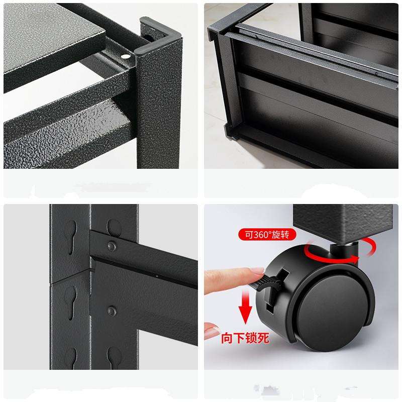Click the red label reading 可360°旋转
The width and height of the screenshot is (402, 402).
pyautogui.click(x=267, y=235)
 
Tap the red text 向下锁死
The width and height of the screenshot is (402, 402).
pyautogui.click(x=245, y=338)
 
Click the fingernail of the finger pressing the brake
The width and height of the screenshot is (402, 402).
pyautogui.click(x=256, y=271)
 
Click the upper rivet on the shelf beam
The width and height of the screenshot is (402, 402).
pyautogui.click(x=112, y=246)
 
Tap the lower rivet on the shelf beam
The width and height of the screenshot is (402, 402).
pyautogui.click(x=112, y=311)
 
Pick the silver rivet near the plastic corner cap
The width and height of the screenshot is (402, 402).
pyautogui.click(x=125, y=56)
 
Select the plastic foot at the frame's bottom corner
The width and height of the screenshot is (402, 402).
pyautogui.click(x=230, y=132)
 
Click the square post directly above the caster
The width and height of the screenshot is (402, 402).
pyautogui.click(x=343, y=224)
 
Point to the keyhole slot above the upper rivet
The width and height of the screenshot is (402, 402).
pyautogui.click(x=114, y=228)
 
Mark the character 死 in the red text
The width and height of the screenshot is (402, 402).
pyautogui.click(x=263, y=338)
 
